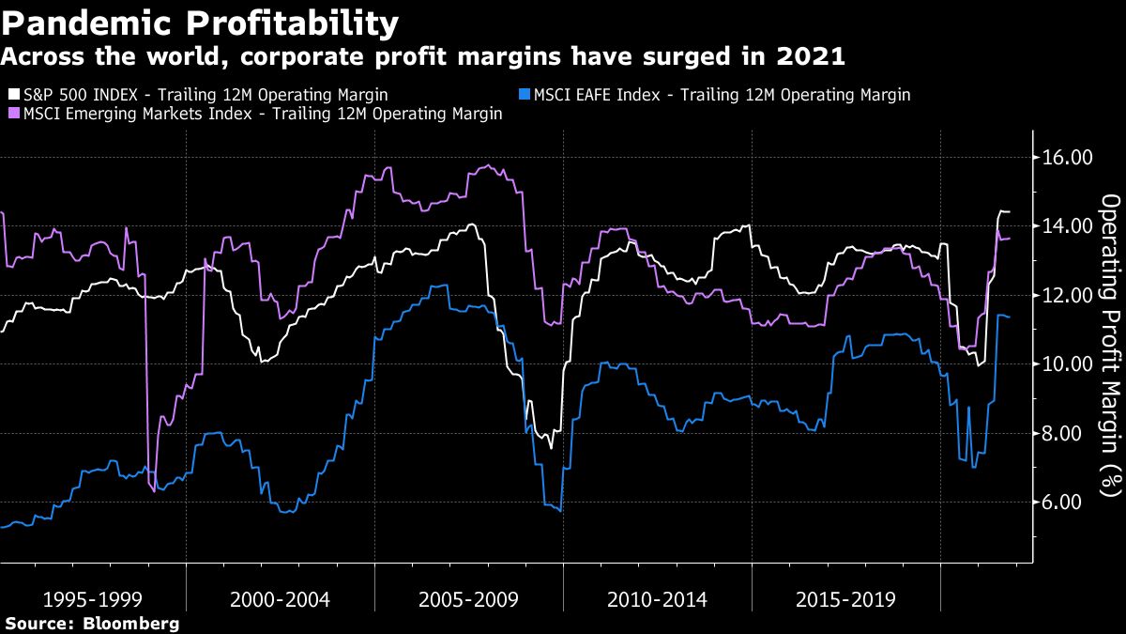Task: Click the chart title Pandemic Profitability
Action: (200, 23)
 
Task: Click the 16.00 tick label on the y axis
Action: (1068, 157)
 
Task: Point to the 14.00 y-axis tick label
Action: (1068, 226)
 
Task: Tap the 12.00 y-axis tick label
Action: (1068, 295)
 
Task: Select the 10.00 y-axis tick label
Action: (1068, 364)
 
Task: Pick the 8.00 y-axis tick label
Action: (1073, 433)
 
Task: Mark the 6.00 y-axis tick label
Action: (1073, 503)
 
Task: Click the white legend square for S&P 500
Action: (12, 95)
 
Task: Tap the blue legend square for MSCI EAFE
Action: (524, 95)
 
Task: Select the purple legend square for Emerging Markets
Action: (12, 114)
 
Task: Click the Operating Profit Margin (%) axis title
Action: (1110, 345)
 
